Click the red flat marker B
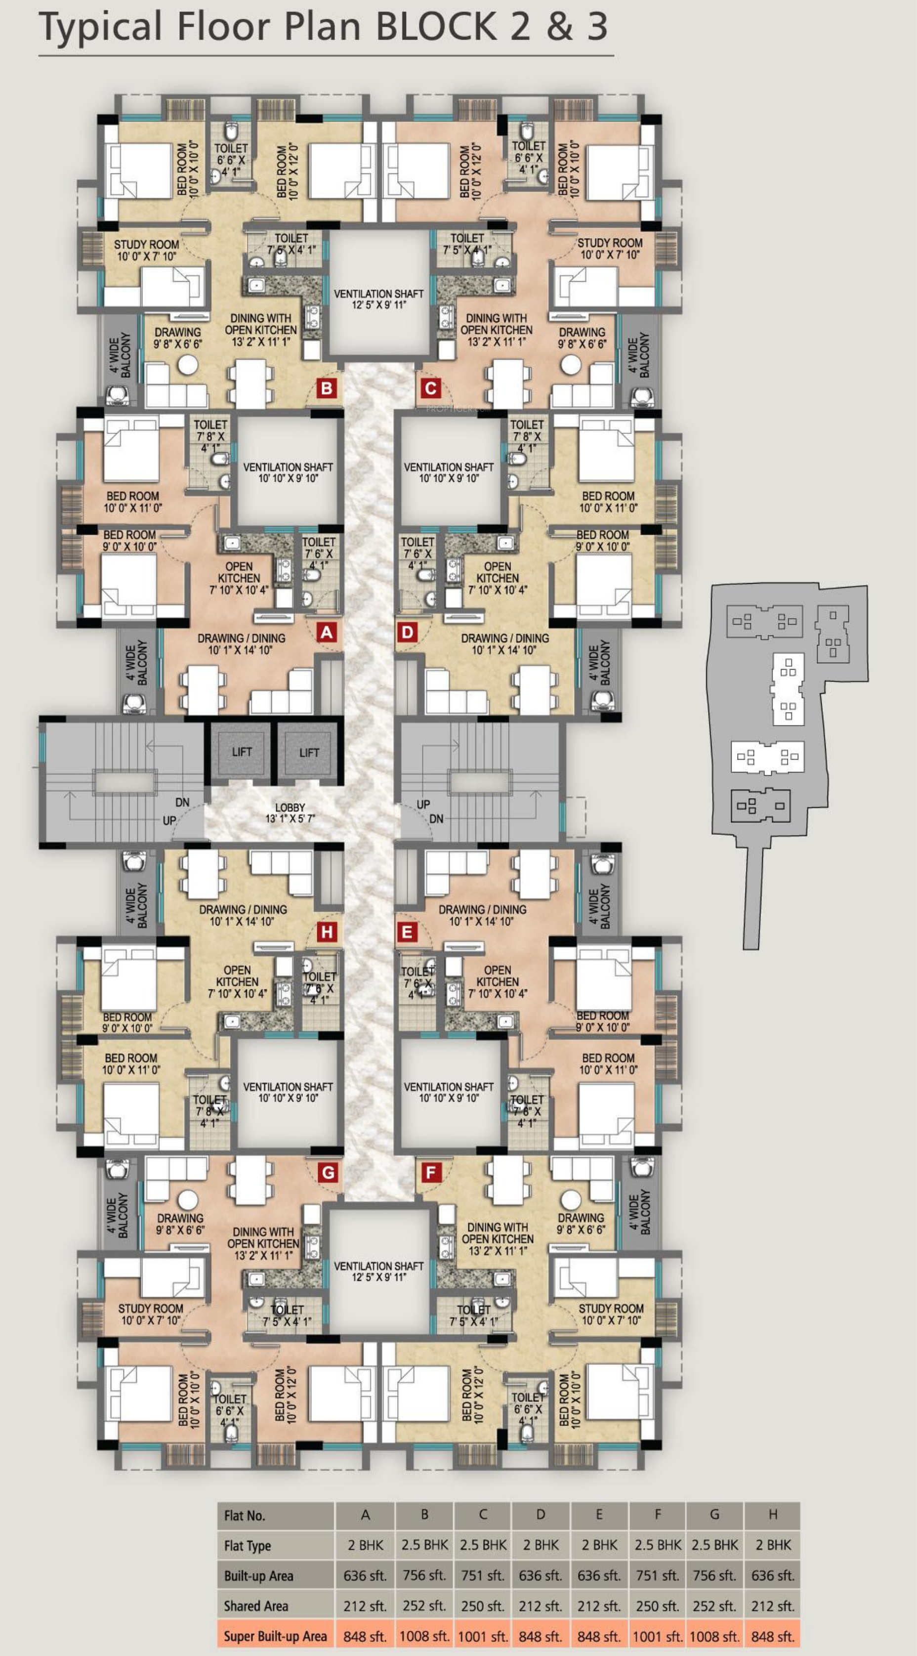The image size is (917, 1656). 327,388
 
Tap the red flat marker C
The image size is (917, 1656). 430,388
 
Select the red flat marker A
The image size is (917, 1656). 327,633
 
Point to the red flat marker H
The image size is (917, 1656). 327,932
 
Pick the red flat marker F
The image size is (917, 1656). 430,1173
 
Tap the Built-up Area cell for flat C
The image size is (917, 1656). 483,1575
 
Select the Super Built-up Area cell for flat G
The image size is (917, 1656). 714,1636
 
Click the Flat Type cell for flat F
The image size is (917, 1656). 658,1545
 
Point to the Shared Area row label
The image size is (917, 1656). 256,1606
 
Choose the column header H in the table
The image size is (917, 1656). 772,1515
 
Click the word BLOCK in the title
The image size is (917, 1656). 435,26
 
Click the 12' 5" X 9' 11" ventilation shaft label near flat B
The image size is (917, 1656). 378,305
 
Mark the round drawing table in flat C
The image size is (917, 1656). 571,365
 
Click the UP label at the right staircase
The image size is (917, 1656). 423,804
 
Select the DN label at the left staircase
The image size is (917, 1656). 182,802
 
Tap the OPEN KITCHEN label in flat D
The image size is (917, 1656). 498,572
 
